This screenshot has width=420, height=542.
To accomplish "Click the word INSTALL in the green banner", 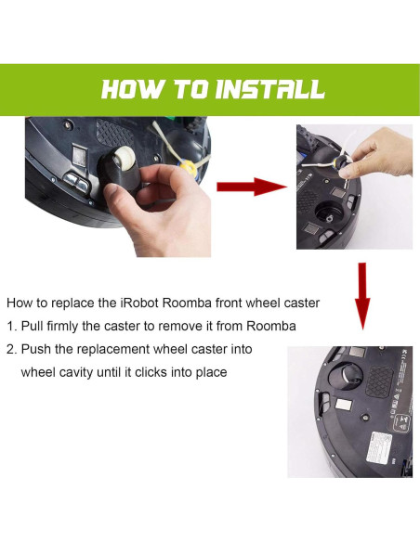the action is (269, 89).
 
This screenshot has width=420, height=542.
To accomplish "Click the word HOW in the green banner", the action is (132, 89).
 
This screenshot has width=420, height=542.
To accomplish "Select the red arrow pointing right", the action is (252, 187).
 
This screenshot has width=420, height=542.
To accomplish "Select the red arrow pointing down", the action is (362, 296).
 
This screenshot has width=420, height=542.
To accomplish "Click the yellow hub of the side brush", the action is (187, 169).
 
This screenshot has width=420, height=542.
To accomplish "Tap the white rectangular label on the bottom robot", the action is (379, 448).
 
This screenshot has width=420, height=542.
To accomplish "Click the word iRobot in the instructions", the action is (139, 303).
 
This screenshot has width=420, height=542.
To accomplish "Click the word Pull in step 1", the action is (32, 326).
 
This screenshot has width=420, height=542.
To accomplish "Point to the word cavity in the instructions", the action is (77, 373).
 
